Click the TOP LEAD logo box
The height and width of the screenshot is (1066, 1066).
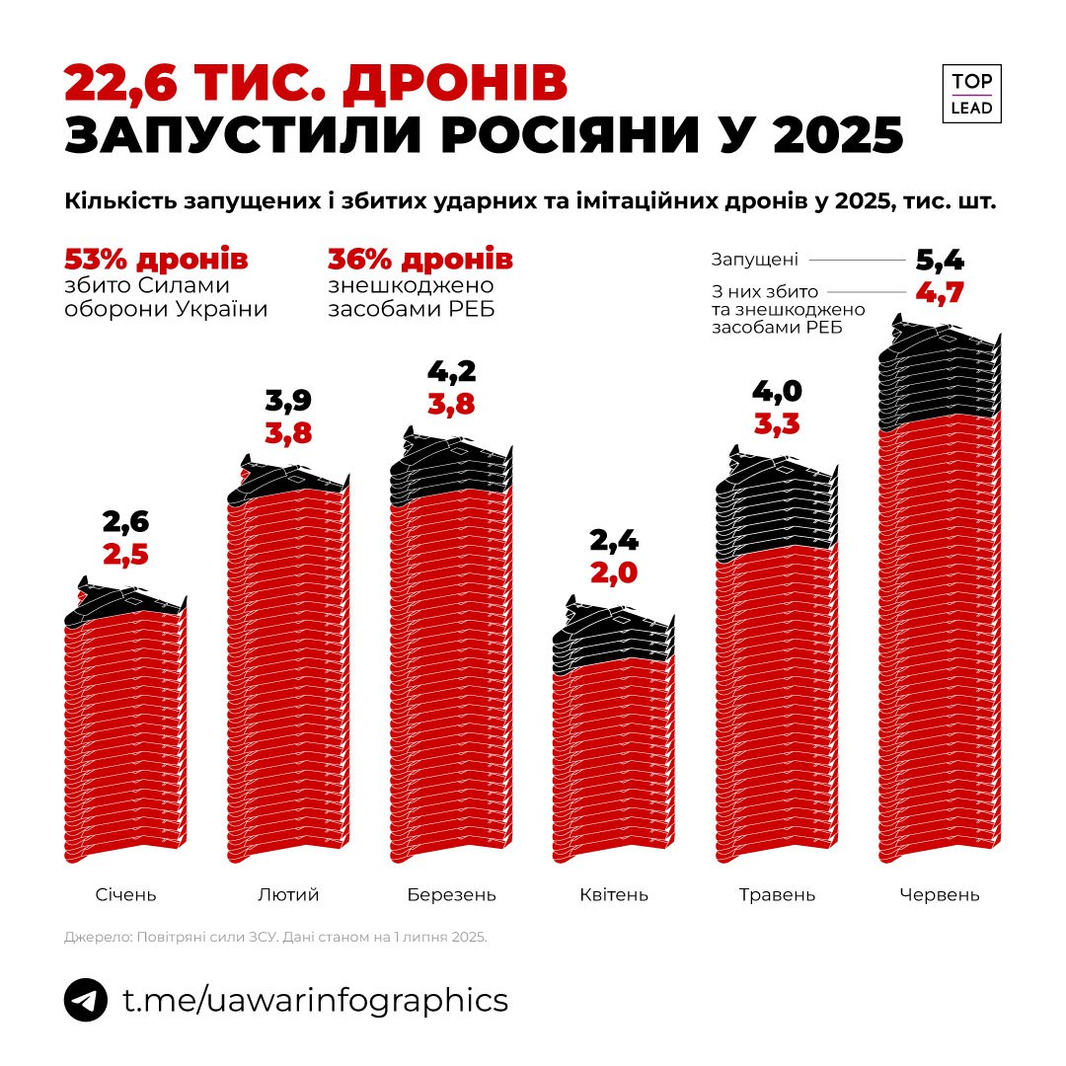[971, 94]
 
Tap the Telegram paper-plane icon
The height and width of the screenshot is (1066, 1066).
[86, 1001]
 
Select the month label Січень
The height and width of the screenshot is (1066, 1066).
[125, 895]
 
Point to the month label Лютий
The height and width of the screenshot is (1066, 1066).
[288, 895]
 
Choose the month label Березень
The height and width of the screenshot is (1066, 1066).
[451, 895]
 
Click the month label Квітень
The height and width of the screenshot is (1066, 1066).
[614, 895]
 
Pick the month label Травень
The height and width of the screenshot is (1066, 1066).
[777, 895]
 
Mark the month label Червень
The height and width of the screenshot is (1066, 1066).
[940, 895]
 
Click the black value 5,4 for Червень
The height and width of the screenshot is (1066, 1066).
[939, 262]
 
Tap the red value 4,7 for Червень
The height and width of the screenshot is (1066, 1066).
[939, 294]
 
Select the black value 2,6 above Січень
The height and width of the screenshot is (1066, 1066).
[125, 522]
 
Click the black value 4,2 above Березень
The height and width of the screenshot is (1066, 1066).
[451, 372]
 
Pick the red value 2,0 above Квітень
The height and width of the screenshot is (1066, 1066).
[613, 573]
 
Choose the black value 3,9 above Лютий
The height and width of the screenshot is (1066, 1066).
[288, 400]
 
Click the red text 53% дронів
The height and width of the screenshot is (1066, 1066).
[156, 260]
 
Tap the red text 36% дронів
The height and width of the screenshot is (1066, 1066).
[419, 260]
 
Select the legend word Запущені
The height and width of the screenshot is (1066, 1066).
[754, 260]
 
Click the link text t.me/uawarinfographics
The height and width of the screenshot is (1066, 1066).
[315, 1001]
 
